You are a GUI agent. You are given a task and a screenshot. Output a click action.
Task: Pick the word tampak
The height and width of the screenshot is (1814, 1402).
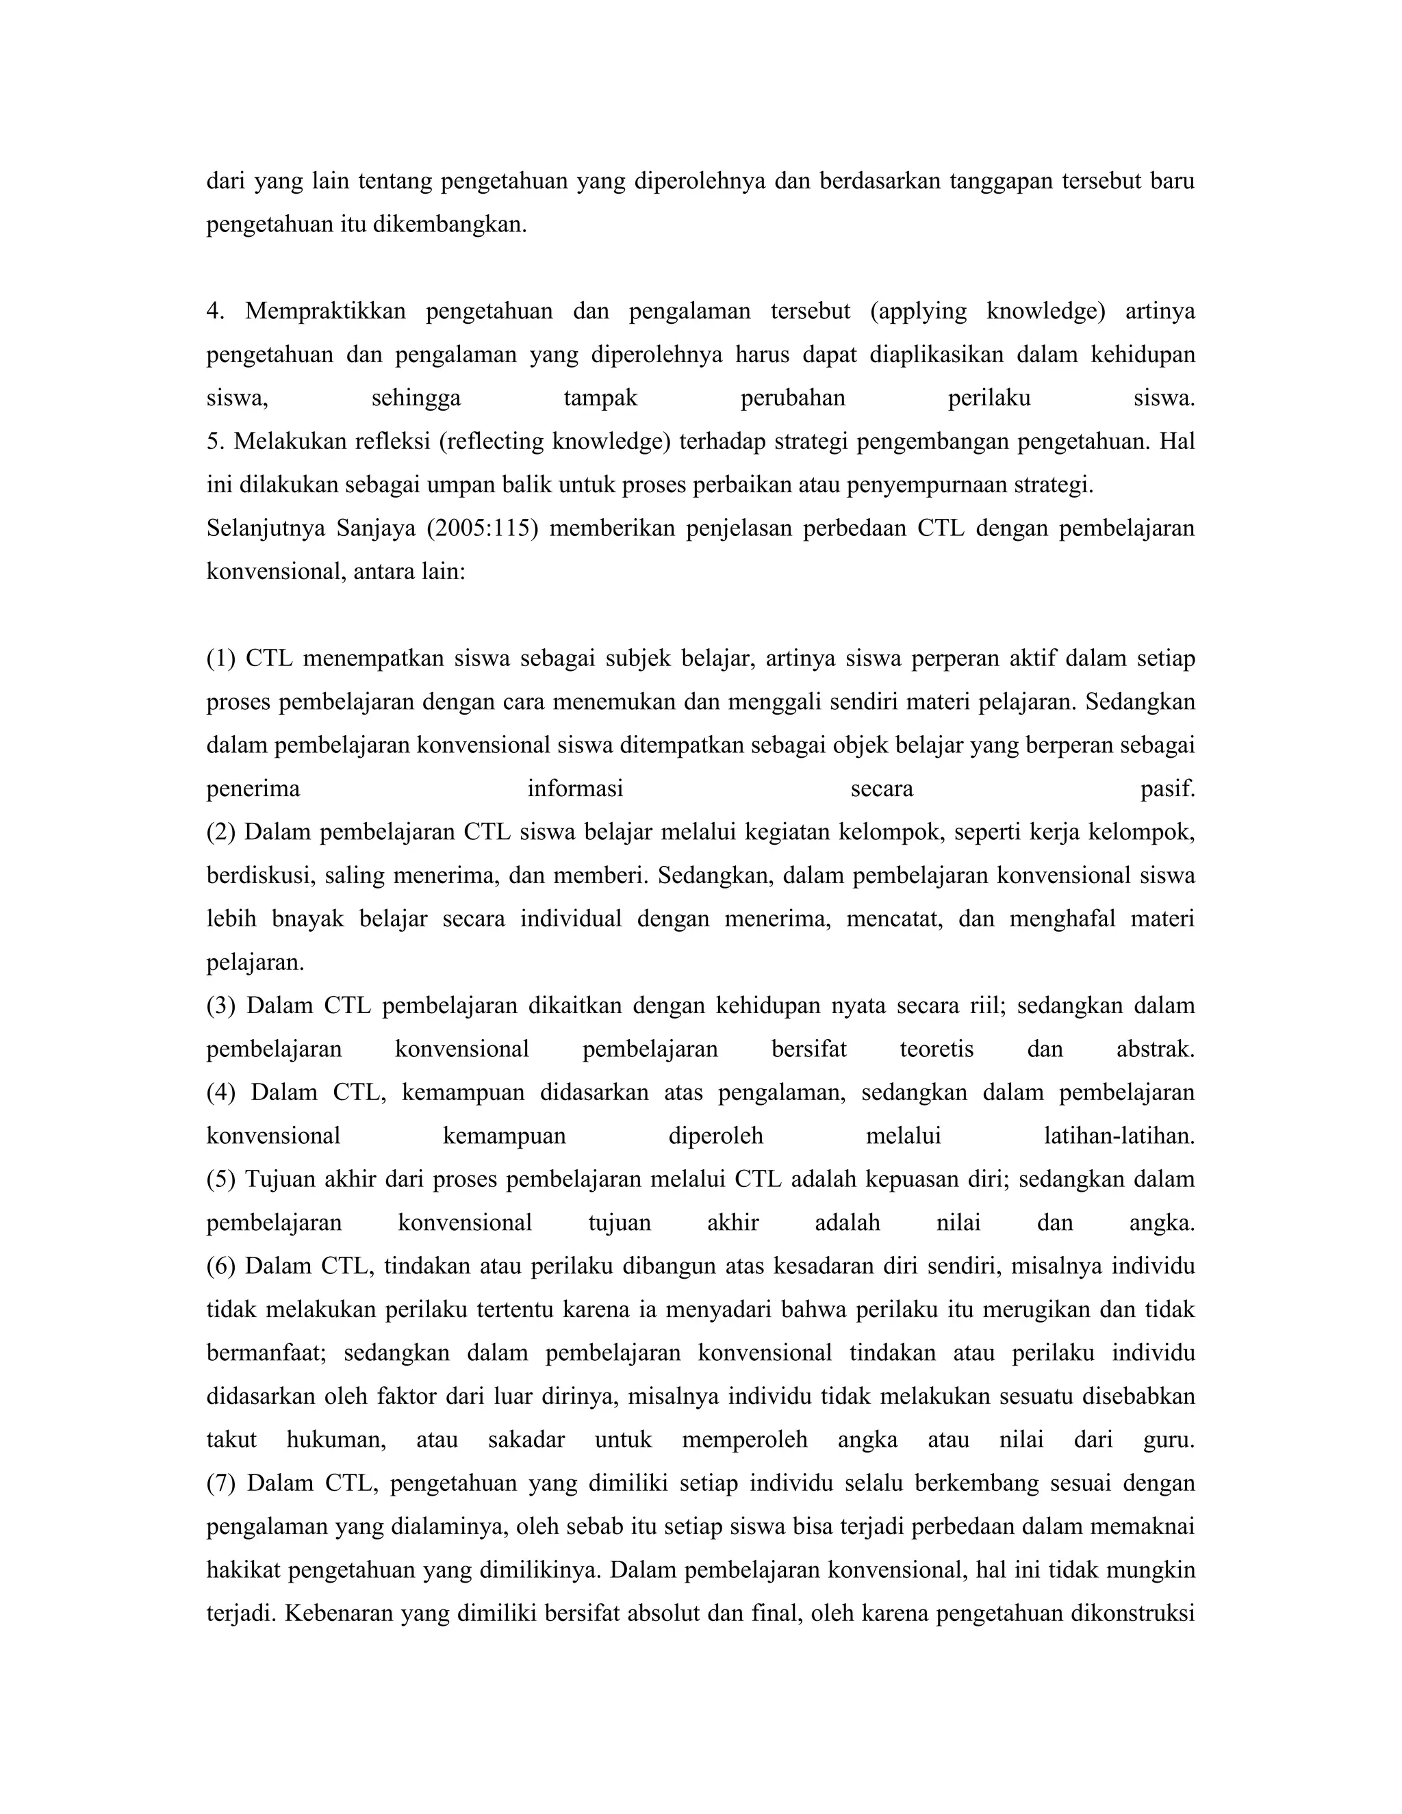600,398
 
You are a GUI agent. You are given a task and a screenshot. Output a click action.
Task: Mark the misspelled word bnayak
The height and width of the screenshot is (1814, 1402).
307,919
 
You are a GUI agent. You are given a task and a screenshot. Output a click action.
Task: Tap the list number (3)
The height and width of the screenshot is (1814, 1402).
220,1006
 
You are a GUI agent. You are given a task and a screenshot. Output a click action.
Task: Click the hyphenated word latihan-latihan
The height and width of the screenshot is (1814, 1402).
1119,1136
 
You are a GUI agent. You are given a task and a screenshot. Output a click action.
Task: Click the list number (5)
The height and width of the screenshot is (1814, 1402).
220,1179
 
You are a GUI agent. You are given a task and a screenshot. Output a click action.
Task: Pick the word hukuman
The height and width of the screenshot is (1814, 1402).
336,1440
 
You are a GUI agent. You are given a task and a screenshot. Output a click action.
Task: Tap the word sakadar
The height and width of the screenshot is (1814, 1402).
526,1440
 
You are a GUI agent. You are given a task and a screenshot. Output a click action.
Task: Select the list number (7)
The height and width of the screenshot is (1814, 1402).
220,1483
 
